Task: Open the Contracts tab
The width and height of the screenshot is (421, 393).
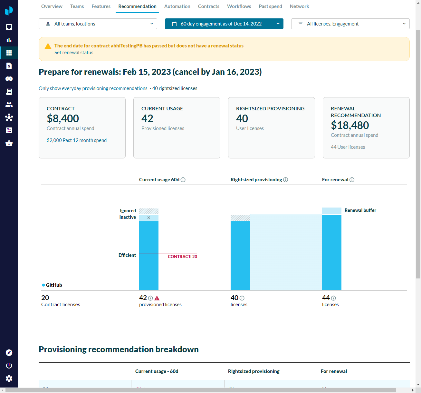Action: pyautogui.click(x=208, y=6)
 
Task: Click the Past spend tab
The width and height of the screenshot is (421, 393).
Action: pyautogui.click(x=270, y=6)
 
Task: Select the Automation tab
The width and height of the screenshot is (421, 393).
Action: pyautogui.click(x=177, y=6)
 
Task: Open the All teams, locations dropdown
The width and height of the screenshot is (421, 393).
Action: pyautogui.click(x=98, y=24)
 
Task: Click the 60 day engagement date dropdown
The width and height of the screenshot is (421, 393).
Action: pyautogui.click(x=224, y=24)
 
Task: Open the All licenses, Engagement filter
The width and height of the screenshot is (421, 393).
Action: pyautogui.click(x=350, y=24)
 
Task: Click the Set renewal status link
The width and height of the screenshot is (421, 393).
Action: pyautogui.click(x=74, y=53)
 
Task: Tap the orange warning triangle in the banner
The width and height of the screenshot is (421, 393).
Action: pyautogui.click(x=48, y=46)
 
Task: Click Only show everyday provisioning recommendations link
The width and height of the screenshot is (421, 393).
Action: pyautogui.click(x=93, y=88)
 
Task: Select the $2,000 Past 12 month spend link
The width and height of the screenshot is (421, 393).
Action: pyautogui.click(x=77, y=140)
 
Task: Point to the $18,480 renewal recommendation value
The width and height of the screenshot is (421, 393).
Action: pyautogui.click(x=350, y=125)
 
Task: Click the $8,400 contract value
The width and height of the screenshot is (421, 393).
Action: pyautogui.click(x=63, y=118)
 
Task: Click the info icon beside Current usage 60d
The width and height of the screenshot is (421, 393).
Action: pyautogui.click(x=183, y=180)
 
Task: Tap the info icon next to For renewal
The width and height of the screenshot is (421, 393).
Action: pyautogui.click(x=352, y=180)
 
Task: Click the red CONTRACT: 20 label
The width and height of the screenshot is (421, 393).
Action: pyautogui.click(x=182, y=257)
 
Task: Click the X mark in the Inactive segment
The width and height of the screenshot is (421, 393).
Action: pyautogui.click(x=149, y=217)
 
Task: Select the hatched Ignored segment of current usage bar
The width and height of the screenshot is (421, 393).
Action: pyautogui.click(x=149, y=211)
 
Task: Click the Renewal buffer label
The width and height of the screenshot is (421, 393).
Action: pyautogui.click(x=360, y=210)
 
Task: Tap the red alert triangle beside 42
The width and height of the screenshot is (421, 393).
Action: pyautogui.click(x=157, y=298)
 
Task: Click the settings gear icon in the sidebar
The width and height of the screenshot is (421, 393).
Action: pyautogui.click(x=9, y=378)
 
